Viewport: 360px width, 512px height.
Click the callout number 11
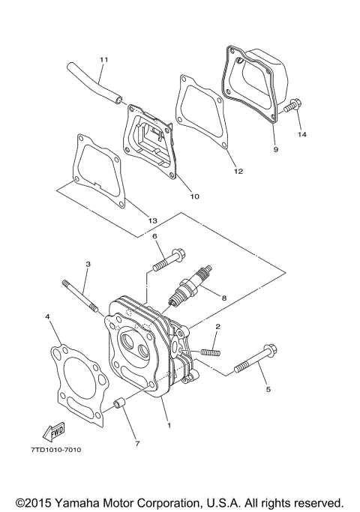[x=103, y=58]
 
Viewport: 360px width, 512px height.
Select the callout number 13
[x=152, y=220]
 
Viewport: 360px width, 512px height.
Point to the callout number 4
[x=47, y=317]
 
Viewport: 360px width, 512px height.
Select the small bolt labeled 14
[x=292, y=111]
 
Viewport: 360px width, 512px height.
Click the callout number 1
[x=169, y=425]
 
